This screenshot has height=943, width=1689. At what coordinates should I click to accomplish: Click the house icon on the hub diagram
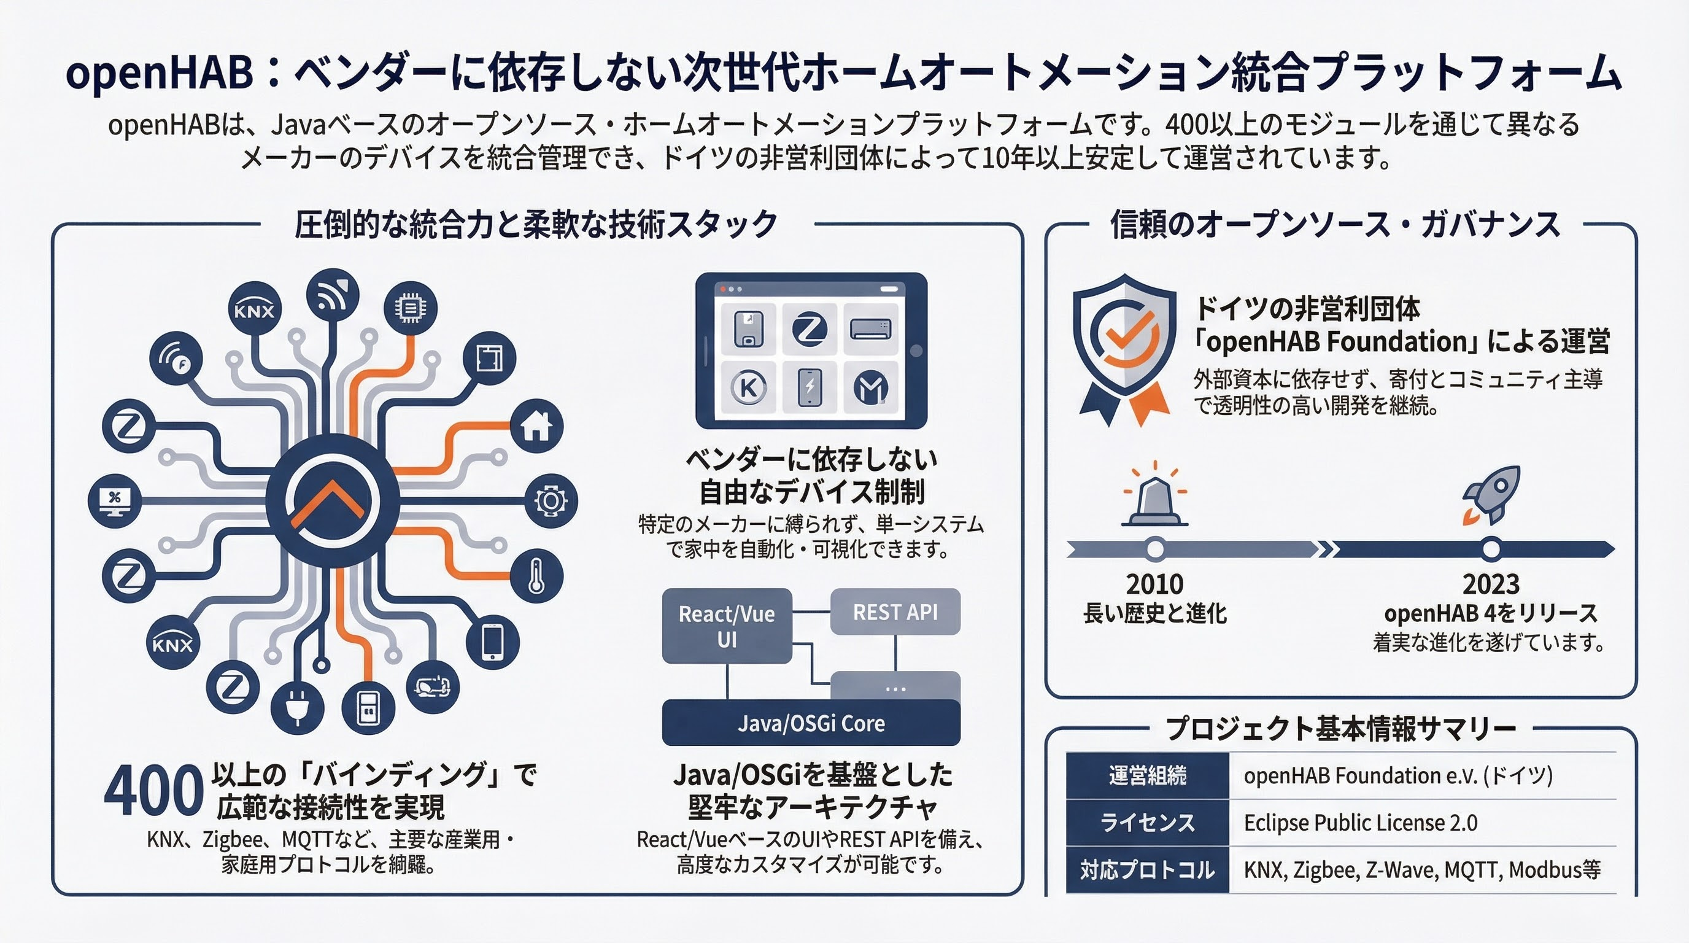536,426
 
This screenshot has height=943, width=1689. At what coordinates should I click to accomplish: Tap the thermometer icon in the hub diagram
536,575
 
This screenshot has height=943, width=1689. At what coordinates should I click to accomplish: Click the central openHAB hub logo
333,501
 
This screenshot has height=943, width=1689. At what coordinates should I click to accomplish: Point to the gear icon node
551,501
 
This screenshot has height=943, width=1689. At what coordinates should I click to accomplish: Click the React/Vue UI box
727,626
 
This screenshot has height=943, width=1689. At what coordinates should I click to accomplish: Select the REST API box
895,611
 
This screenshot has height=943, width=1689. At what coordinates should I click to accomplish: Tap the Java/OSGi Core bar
811,723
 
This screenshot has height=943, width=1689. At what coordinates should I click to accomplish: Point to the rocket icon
1491,495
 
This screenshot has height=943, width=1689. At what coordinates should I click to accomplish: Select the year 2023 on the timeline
1491,584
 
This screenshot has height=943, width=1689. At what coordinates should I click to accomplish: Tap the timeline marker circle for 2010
1155,548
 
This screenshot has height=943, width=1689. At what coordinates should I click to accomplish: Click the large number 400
153,791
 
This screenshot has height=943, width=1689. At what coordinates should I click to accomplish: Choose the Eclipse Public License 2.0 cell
1361,822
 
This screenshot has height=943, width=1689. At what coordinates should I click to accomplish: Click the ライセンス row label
1148,822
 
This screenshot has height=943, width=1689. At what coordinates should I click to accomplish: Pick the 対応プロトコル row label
1148,869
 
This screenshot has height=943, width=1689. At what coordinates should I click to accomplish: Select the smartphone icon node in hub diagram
493,642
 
